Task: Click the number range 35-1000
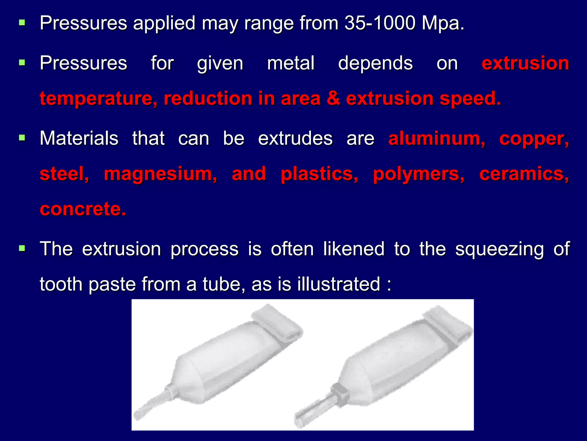coord(380,23)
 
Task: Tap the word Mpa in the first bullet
coord(443,23)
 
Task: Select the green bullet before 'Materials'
coord(22,138)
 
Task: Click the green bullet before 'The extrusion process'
coord(22,248)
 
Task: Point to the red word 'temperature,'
coord(98,98)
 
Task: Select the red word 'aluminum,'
coord(437,139)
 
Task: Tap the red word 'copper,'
coord(534,139)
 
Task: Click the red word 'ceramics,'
coord(524,174)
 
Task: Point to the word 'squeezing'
coord(500,249)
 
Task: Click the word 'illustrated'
coord(338,284)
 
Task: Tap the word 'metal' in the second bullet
coord(291,63)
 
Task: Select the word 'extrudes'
coord(295,139)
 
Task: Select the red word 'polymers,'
coord(418,174)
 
